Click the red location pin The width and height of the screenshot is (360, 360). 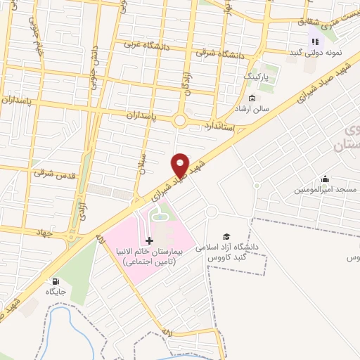(x=181, y=165)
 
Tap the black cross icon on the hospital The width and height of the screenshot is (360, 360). (x=148, y=240)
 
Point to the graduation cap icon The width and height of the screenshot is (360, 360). (x=226, y=237)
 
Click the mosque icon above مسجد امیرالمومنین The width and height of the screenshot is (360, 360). (x=324, y=179)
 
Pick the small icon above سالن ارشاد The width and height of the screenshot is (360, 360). (x=252, y=98)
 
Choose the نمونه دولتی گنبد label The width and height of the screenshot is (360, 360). (x=315, y=53)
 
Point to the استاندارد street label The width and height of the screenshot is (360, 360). (x=219, y=127)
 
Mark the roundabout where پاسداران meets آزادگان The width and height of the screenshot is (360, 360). (x=179, y=120)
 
